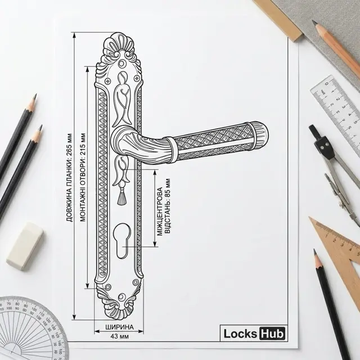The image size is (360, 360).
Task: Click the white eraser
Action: (x=25, y=246)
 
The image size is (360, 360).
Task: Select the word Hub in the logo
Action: (x=272, y=334)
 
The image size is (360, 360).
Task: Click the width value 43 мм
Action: (x=119, y=336)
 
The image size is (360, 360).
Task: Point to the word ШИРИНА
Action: (x=119, y=327)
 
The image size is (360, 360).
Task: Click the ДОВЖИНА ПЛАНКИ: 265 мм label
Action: (x=69, y=178)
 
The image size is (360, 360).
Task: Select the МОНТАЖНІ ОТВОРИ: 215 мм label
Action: (x=83, y=177)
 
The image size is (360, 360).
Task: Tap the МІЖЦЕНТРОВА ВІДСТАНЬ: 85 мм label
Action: (x=164, y=210)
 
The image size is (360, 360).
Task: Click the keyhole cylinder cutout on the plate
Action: (x=122, y=241)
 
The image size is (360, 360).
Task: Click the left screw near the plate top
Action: (x=108, y=81)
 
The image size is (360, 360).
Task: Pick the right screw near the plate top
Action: (x=137, y=78)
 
